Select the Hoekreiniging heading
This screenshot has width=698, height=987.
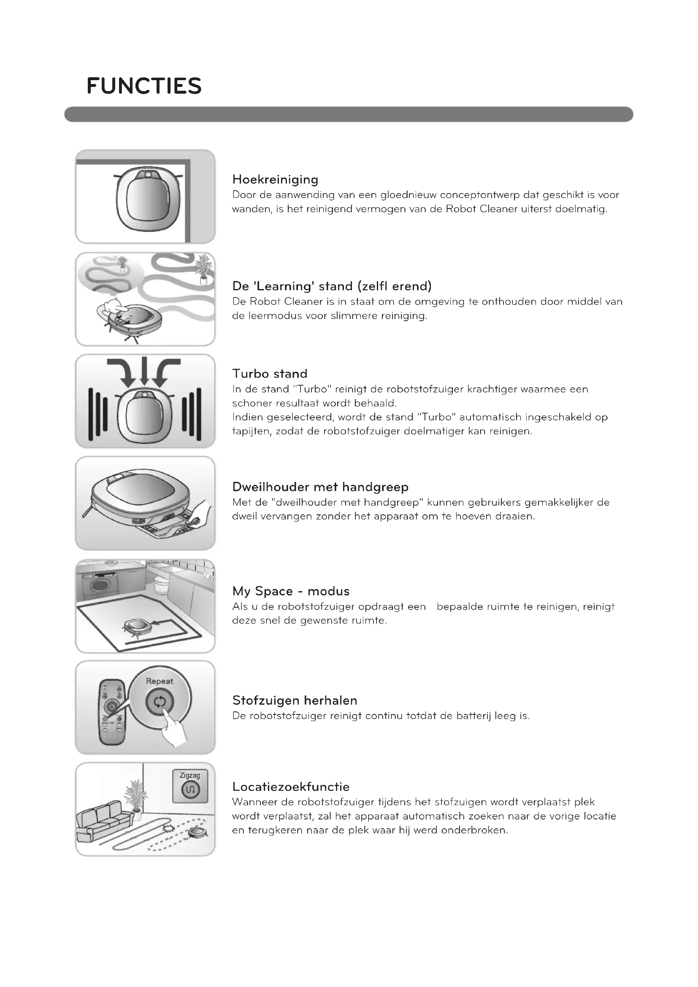click(x=275, y=179)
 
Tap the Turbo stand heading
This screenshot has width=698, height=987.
click(x=270, y=373)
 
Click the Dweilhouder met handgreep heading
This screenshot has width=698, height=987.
click(x=320, y=487)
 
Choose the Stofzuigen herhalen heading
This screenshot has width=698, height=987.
click(x=295, y=700)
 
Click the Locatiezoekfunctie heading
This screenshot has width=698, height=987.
click(x=290, y=787)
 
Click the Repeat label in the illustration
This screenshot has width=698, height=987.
click(x=160, y=681)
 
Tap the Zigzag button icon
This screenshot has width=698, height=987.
click(x=190, y=789)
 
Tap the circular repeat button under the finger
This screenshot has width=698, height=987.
click(x=160, y=702)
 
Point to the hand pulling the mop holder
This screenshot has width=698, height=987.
click(x=202, y=514)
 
